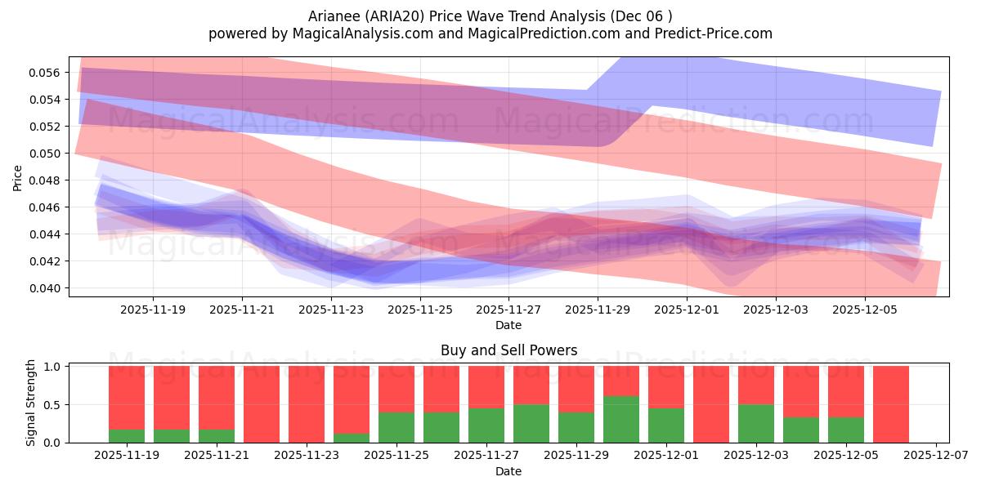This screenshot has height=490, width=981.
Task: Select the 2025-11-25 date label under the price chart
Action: pyautogui.click(x=419, y=310)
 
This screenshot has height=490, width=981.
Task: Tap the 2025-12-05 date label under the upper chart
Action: pyautogui.click(x=864, y=310)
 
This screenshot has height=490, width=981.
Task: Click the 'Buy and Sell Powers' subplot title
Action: pyautogui.click(x=508, y=350)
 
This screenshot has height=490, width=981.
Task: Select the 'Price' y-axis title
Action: pyautogui.click(x=18, y=178)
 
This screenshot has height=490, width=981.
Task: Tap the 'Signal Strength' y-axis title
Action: pyautogui.click(x=31, y=403)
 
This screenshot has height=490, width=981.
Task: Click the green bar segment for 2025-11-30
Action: pyautogui.click(x=621, y=419)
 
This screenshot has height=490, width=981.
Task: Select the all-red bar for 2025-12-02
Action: pyautogui.click(x=711, y=404)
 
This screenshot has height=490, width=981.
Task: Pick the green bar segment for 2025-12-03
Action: pyautogui.click(x=756, y=423)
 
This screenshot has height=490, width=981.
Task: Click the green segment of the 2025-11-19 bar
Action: pyautogui.click(x=127, y=436)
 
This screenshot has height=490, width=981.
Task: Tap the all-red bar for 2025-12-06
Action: pyautogui.click(x=891, y=404)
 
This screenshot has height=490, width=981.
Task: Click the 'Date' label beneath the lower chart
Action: pyautogui.click(x=508, y=471)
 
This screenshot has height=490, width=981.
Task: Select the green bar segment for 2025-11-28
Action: pyautogui.click(x=531, y=423)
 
